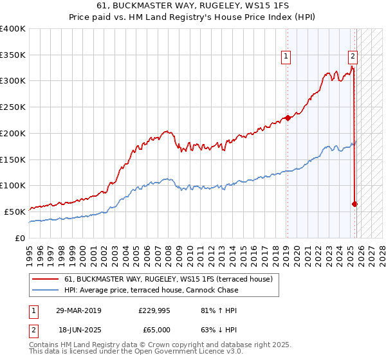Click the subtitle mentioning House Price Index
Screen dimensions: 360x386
[192, 18]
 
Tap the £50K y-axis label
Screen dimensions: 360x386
[15, 212]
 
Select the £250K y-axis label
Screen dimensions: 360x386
[13, 107]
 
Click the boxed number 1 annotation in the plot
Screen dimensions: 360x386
[286, 57]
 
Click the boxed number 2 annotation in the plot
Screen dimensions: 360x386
[353, 57]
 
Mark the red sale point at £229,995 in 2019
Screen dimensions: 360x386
[288, 118]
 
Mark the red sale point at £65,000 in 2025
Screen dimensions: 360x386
[354, 204]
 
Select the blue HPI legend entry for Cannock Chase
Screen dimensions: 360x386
[151, 290]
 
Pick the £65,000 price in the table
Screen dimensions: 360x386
[154, 330]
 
